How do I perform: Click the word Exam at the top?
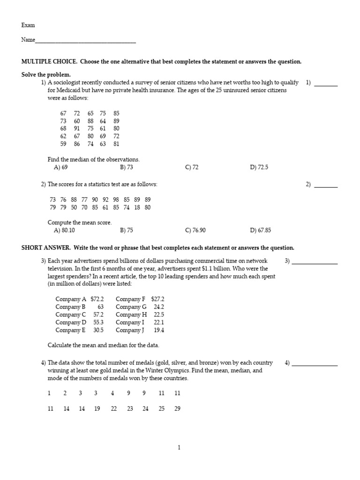tap(28, 25)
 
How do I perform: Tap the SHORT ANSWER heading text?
tap(45, 248)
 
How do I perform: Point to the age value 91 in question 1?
tap(77, 128)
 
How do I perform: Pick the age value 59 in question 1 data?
tap(63, 144)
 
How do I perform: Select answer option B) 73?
tap(127, 167)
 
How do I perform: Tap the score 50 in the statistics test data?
tap(74, 208)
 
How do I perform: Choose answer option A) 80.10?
tap(64, 231)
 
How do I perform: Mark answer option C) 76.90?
tap(195, 231)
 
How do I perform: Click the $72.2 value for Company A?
tap(97, 299)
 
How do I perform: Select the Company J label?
tap(129, 330)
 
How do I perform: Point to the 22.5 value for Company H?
tap(159, 315)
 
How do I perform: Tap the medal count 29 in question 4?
tap(177, 409)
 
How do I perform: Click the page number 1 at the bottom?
tap(179, 448)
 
